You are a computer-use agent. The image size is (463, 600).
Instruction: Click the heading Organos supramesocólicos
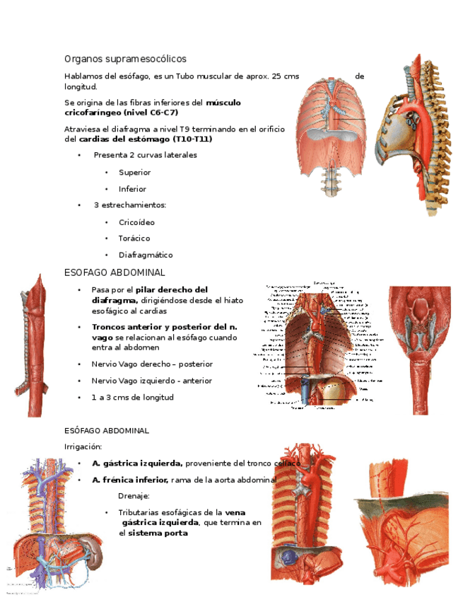125,59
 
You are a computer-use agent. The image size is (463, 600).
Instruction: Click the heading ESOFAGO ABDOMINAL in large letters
115,272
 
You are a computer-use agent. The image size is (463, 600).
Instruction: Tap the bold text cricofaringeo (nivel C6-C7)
121,112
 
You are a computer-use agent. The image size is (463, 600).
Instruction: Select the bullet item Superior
134,173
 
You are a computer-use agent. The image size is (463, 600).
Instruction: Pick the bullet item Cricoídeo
136,222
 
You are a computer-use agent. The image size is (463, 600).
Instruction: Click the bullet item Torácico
135,238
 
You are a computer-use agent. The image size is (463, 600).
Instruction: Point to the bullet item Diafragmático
146,255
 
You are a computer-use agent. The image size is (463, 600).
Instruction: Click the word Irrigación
83,446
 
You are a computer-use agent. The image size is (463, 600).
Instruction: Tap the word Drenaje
134,496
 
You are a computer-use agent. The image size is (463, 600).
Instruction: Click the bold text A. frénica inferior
130,480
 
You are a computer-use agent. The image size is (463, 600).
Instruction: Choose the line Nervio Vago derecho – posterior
152,364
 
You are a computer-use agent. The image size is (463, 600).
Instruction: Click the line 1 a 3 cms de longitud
132,397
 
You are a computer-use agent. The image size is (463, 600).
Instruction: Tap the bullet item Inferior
132,189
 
